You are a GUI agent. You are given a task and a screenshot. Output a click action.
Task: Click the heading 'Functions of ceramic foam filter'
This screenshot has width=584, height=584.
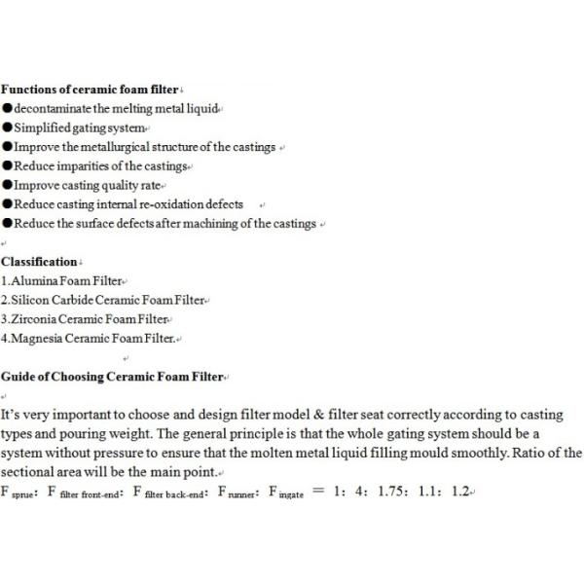(x=90, y=89)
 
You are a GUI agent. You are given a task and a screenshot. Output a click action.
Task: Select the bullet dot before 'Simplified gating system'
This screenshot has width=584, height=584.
(x=7, y=128)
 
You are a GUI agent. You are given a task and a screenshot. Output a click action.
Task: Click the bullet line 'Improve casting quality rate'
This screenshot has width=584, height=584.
(x=88, y=185)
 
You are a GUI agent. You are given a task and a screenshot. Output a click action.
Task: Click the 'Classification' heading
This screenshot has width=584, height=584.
(x=39, y=262)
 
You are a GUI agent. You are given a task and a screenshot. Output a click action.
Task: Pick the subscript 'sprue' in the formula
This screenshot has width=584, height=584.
(x=24, y=495)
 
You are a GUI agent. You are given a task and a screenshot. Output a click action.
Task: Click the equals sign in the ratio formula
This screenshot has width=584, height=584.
(x=316, y=493)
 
